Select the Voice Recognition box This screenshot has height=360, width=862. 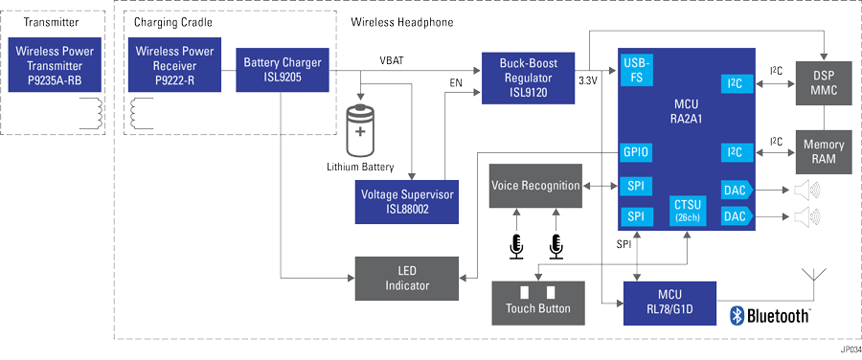(534, 186)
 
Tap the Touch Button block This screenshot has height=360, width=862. (537, 301)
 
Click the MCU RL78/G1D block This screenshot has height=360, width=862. (669, 301)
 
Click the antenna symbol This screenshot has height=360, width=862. (817, 281)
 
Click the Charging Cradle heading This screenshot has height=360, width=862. (173, 21)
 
